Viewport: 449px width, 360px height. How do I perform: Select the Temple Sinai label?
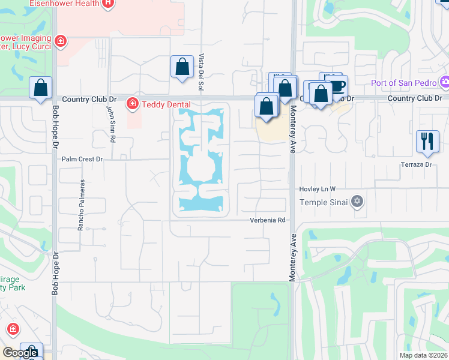tap(325, 202)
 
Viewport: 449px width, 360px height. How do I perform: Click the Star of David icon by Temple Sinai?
tap(358, 201)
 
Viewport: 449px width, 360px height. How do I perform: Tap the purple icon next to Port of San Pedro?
tap(445, 82)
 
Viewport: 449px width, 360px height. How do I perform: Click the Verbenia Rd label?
tap(268, 220)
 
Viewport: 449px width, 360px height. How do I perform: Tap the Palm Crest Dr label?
tap(83, 160)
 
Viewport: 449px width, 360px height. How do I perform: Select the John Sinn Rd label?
tap(110, 124)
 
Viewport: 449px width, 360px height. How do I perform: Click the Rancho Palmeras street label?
tap(79, 212)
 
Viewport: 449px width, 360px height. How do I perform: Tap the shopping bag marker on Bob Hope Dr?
tap(40, 88)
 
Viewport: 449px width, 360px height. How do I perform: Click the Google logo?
tap(20, 353)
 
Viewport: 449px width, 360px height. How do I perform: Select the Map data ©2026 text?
tap(423, 355)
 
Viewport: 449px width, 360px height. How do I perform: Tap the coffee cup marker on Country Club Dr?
tap(337, 85)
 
